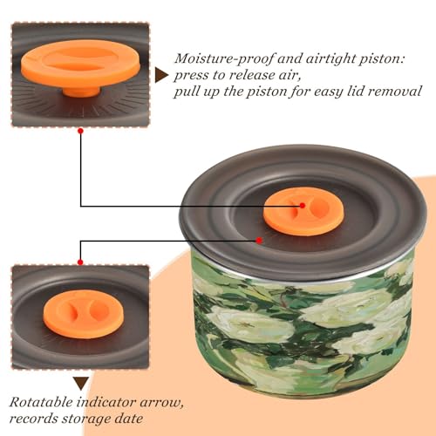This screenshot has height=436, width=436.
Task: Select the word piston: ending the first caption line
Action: click(x=382, y=59)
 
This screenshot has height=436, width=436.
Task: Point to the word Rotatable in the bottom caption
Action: click(x=41, y=402)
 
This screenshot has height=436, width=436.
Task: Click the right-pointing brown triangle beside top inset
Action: click(x=160, y=76)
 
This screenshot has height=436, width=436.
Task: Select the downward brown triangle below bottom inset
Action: click(x=81, y=383)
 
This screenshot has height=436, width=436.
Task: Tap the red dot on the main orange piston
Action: click(x=303, y=206)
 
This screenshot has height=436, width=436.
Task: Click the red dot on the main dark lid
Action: click(x=259, y=241)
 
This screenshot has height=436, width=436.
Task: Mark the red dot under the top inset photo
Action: click(x=81, y=131)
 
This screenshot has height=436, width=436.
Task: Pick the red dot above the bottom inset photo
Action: click(x=80, y=262)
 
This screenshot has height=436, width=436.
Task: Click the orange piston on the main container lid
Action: click(x=303, y=211)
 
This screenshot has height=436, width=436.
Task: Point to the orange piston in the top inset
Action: click(x=80, y=63)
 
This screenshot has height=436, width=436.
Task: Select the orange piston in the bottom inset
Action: click(x=84, y=314)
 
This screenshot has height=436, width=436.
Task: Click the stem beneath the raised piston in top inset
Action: click(x=82, y=91)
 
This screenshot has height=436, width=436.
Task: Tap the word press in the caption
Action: click(x=191, y=76)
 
